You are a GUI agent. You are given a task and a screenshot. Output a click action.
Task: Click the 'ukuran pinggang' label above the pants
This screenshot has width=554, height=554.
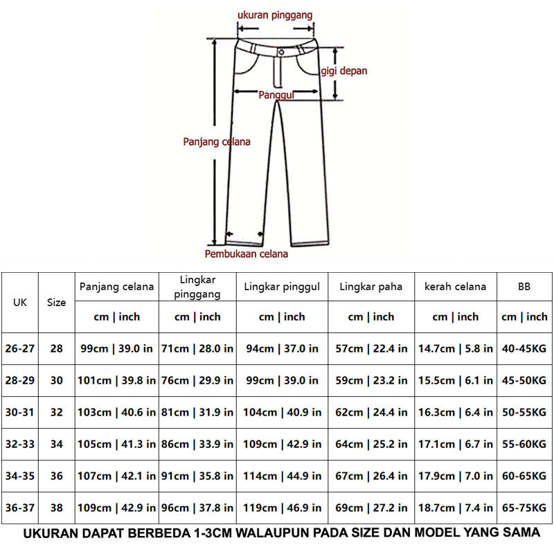(275, 14)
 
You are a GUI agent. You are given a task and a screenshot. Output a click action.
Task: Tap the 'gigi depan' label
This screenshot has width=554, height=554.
(343, 71)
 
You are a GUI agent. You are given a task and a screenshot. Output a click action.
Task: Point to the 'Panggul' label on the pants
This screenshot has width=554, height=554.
(277, 95)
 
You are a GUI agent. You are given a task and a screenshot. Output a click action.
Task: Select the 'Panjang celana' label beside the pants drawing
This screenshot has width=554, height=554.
(217, 141)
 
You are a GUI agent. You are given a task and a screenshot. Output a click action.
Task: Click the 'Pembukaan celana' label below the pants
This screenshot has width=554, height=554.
(247, 253)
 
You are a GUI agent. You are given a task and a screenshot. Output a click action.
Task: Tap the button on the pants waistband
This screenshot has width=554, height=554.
(281, 52)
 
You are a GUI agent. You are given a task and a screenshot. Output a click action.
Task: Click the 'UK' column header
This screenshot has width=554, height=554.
(20, 303)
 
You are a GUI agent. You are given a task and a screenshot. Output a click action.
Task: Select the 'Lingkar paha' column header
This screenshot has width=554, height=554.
(370, 287)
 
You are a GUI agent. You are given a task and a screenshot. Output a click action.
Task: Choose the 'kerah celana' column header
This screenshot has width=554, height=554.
(455, 287)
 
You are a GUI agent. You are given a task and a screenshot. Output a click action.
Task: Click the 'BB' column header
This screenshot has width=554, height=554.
(524, 287)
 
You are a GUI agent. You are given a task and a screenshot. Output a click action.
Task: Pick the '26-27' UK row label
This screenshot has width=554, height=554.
(20, 348)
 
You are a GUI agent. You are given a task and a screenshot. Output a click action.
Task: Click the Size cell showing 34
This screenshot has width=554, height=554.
(56, 444)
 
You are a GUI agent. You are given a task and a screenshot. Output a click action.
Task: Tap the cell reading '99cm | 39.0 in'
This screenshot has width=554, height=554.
(116, 348)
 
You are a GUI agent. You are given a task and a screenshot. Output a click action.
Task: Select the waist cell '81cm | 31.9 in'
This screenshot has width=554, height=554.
(197, 412)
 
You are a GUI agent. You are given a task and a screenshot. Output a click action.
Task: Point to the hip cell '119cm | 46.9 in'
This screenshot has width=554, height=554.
(282, 508)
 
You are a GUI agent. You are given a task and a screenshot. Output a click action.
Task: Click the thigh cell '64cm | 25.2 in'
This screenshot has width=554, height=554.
(370, 444)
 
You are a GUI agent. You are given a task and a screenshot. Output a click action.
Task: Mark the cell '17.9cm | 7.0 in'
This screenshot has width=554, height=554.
(455, 476)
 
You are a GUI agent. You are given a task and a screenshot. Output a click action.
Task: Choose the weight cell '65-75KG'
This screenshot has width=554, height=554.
(524, 508)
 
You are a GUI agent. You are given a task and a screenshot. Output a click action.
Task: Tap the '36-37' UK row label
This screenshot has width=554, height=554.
(20, 508)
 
